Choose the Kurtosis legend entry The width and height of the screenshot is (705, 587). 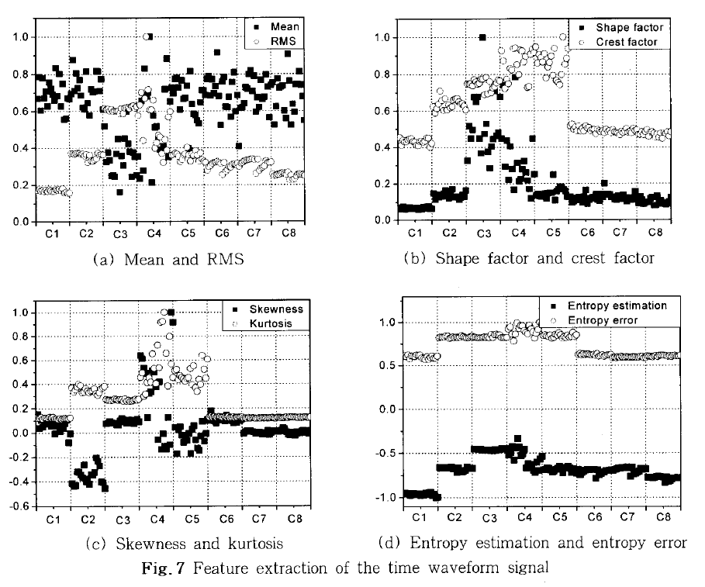click(271, 322)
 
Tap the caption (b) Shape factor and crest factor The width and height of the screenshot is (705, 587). click(525, 258)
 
